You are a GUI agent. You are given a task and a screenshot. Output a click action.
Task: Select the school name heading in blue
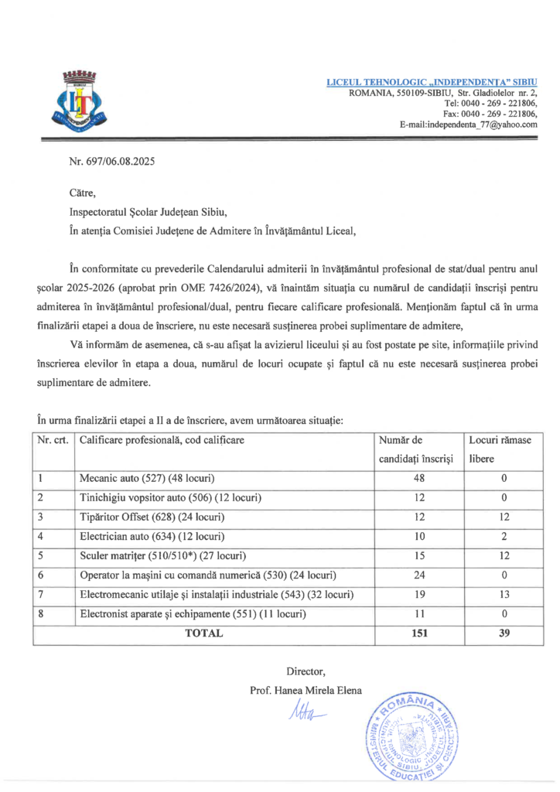pyautogui.click(x=432, y=81)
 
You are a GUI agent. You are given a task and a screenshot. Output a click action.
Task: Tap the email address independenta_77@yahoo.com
pyautogui.click(x=468, y=124)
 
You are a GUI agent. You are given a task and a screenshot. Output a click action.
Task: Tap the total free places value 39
pyautogui.click(x=504, y=633)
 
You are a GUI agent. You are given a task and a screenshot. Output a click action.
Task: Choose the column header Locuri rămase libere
pyautogui.click(x=503, y=449)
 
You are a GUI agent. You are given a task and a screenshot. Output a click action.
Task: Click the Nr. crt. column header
pyautogui.click(x=53, y=439)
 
